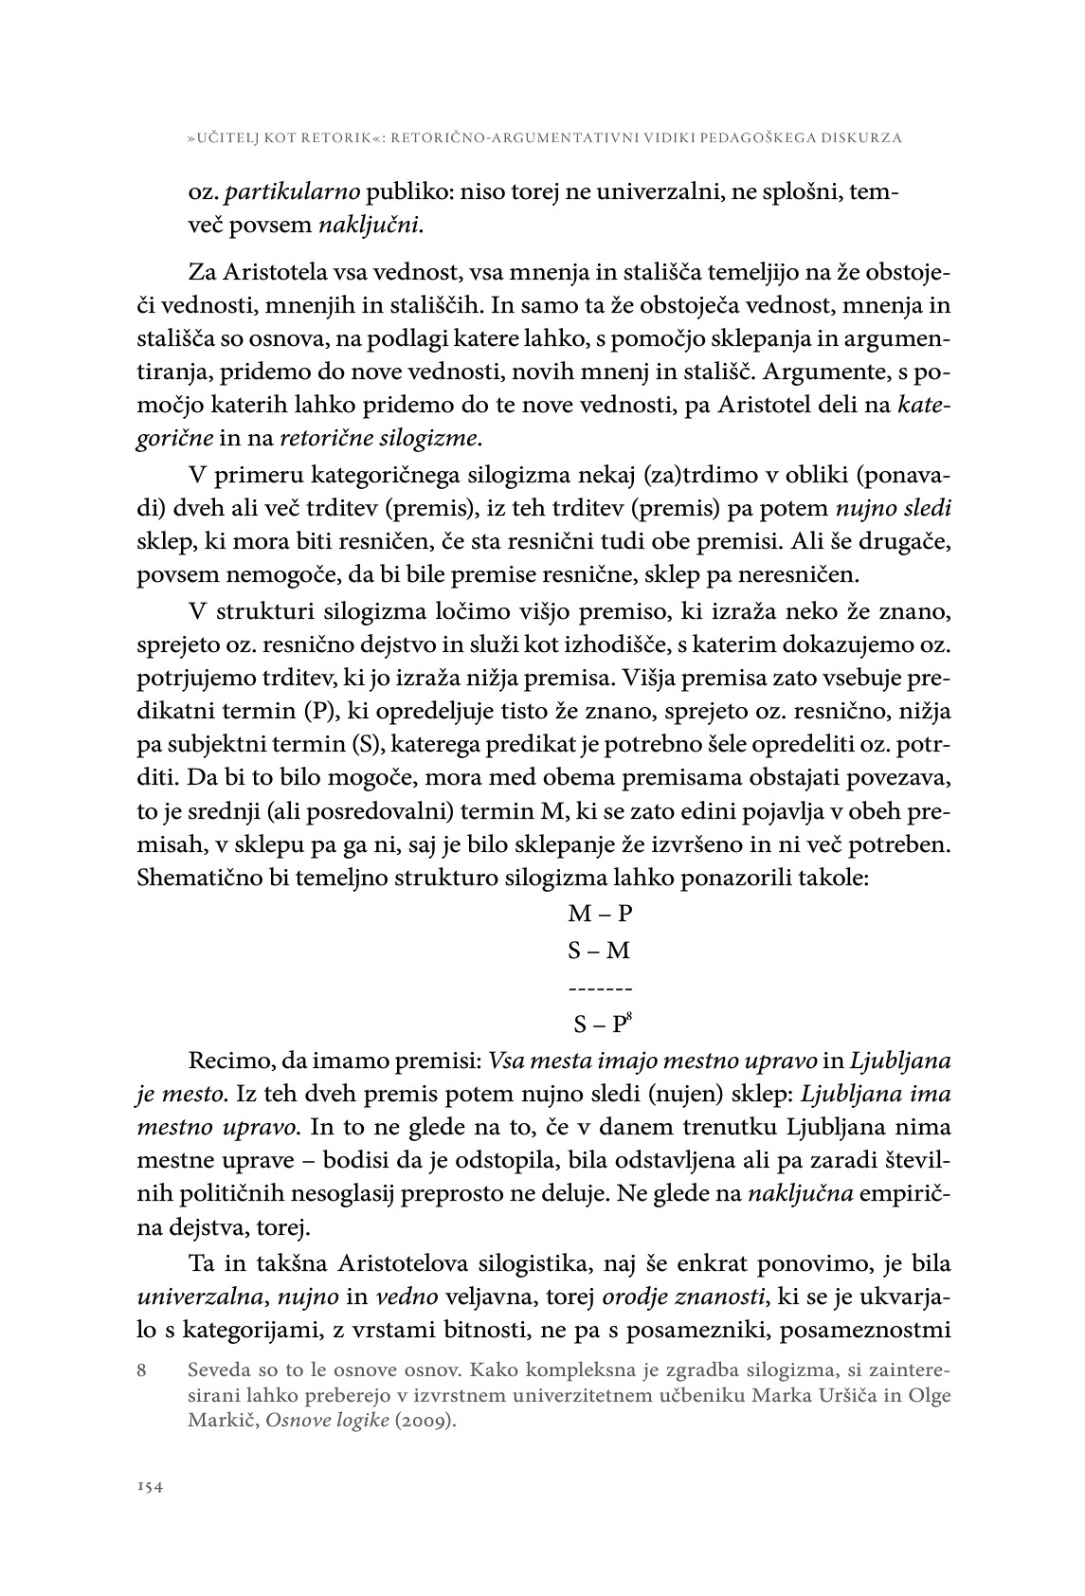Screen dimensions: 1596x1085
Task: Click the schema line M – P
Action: coord(600,914)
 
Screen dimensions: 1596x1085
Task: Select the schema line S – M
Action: coord(600,951)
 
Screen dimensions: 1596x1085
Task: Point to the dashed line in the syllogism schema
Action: coord(600,988)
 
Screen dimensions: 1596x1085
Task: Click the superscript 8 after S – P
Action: coord(628,1018)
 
